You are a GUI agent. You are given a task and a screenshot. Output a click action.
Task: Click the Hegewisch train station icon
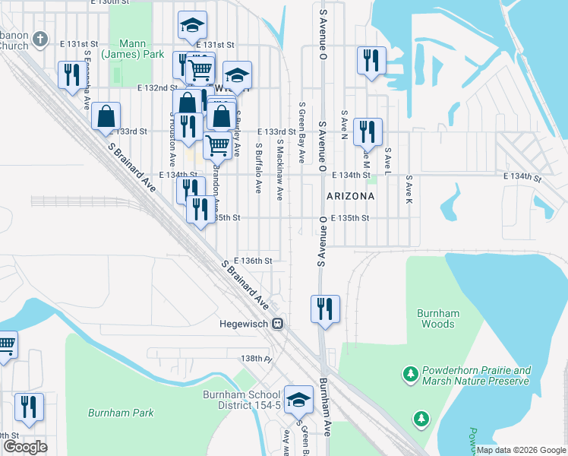[279, 323]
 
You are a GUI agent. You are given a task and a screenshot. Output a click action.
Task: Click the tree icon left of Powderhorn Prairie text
[411, 374]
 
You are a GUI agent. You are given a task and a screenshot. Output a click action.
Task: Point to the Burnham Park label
[121, 413]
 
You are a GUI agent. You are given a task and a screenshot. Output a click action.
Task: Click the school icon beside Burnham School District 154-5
[299, 399]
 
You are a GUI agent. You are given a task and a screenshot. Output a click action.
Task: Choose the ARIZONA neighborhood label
[350, 196]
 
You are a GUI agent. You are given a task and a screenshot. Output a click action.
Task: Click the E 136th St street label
[253, 261]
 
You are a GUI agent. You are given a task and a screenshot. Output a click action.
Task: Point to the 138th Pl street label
[257, 358]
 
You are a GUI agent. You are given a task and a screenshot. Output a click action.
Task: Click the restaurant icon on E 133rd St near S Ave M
[368, 131]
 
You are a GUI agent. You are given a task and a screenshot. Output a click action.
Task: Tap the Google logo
[24, 447]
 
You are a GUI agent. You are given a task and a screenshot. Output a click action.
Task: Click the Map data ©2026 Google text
[520, 450]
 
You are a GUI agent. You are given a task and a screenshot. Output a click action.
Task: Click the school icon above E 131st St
[192, 25]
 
